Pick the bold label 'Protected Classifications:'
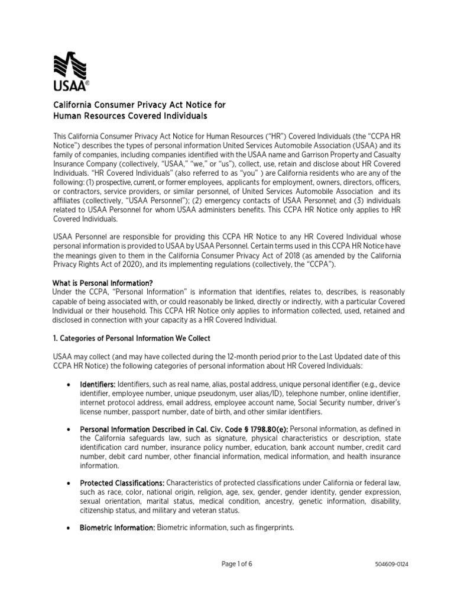(121, 483)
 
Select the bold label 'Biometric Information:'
(117, 527)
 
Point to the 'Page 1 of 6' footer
(228, 564)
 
